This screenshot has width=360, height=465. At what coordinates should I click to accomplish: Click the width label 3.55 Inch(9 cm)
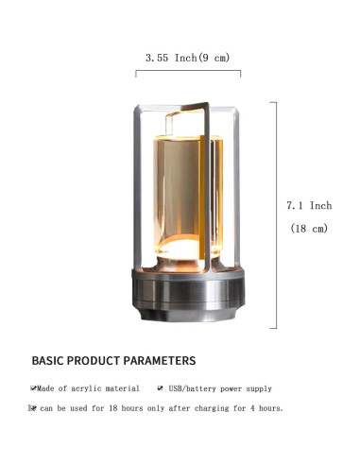tap(188, 58)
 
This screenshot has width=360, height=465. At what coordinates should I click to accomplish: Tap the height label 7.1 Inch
tap(309, 205)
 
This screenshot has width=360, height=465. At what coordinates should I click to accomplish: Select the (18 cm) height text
tap(309, 228)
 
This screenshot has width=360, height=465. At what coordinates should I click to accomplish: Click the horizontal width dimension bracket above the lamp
tap(188, 71)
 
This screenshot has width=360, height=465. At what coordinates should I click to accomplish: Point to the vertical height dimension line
tap(276, 215)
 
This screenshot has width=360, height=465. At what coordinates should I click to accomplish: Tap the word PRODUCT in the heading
tap(94, 360)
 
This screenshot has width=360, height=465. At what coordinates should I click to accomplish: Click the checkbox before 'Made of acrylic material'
tap(33, 388)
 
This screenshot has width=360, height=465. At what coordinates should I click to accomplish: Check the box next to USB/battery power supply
tap(161, 388)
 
